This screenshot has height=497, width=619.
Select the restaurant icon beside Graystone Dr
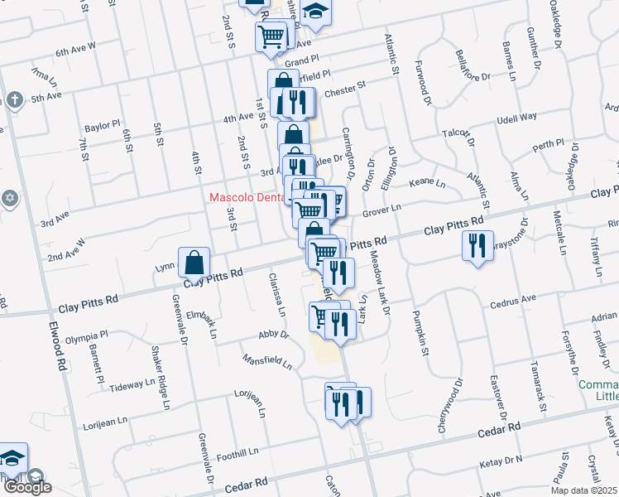[x=477, y=247]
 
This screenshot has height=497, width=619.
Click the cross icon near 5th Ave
[x=14, y=100]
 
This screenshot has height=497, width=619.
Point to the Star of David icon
[x=9, y=198]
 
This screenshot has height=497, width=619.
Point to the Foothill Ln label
[x=238, y=454]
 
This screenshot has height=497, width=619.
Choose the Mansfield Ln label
[x=267, y=361]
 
